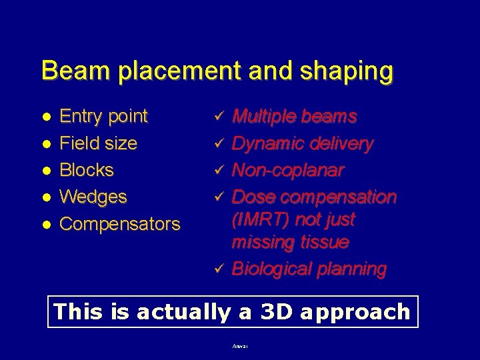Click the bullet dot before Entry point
(46, 117)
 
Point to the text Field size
(99, 143)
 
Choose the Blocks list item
(87, 170)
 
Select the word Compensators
(120, 224)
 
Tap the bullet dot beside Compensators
(46, 224)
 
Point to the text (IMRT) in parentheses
(262, 219)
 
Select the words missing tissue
(290, 242)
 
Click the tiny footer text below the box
(239, 346)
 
